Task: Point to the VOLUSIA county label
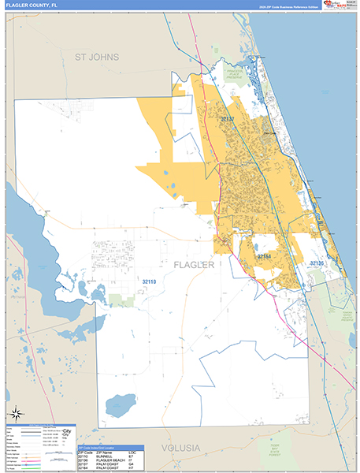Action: pyautogui.click(x=181, y=447)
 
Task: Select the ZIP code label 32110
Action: pyautogui.click(x=150, y=281)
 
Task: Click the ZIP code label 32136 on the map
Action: pyautogui.click(x=317, y=263)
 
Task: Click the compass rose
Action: pyautogui.click(x=15, y=414)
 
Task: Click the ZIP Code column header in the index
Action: pyautogui.click(x=84, y=452)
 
